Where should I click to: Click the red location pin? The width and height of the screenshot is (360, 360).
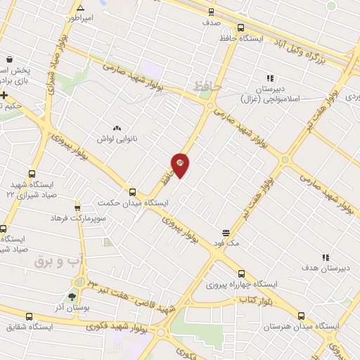181,165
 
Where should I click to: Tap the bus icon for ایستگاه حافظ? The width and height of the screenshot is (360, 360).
241,28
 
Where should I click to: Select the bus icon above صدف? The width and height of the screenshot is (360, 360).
212,12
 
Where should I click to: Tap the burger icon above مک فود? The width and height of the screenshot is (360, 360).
226,232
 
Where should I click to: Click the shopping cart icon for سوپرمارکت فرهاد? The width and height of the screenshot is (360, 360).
77,207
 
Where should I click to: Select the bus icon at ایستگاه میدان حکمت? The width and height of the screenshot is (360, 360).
132,192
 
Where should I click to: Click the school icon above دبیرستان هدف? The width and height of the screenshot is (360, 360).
325,258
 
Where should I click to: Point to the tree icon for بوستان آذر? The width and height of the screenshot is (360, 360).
71,297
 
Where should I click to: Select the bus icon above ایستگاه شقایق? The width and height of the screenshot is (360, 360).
29,316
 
